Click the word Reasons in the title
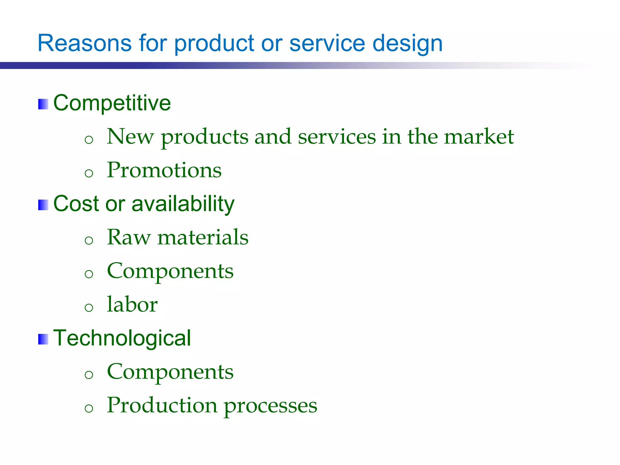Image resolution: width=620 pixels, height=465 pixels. pyautogui.click(x=84, y=43)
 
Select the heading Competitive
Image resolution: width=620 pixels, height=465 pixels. pyautogui.click(x=112, y=103)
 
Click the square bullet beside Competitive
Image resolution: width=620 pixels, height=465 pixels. pyautogui.click(x=43, y=104)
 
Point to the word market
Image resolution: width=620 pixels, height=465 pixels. pyautogui.click(x=479, y=137)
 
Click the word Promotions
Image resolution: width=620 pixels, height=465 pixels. pyautogui.click(x=164, y=170)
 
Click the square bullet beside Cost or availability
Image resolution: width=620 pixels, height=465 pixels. pyautogui.click(x=43, y=205)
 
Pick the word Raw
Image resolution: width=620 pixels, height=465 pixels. pyautogui.click(x=128, y=237)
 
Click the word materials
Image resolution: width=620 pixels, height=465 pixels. pyautogui.click(x=203, y=237)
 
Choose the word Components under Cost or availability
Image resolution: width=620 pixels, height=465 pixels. pyautogui.click(x=170, y=271)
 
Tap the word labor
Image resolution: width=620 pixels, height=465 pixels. pyautogui.click(x=132, y=304)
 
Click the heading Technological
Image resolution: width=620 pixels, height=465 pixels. pyautogui.click(x=122, y=338)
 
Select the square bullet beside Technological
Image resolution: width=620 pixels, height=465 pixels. pyautogui.click(x=43, y=339)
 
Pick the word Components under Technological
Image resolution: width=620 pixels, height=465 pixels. pyautogui.click(x=170, y=372)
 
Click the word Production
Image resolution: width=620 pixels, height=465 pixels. pyautogui.click(x=162, y=405)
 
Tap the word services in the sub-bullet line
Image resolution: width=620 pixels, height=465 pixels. pyautogui.click(x=337, y=137)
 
